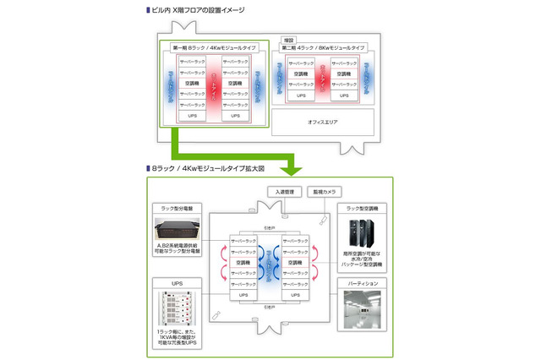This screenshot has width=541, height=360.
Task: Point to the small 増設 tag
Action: click(x=289, y=39)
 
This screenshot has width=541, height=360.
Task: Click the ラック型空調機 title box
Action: click(x=363, y=207)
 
